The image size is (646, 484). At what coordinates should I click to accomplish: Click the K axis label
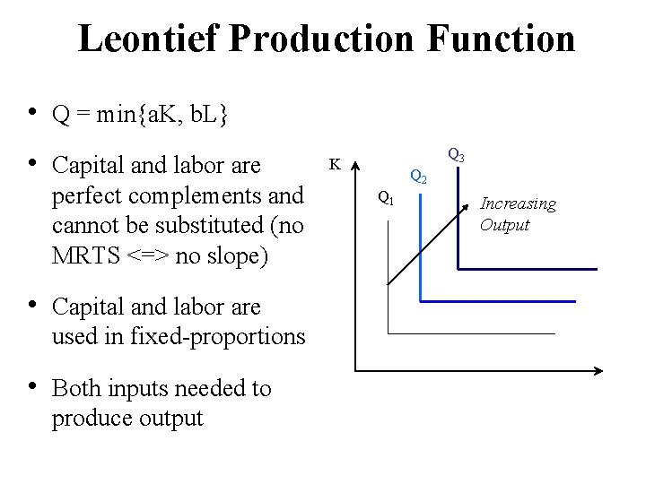pyautogui.click(x=334, y=164)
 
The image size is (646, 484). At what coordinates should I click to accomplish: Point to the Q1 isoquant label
pyautogui.click(x=385, y=197)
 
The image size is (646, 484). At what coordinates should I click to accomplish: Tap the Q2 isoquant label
pyautogui.click(x=418, y=176)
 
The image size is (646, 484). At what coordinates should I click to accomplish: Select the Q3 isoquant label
pyautogui.click(x=456, y=156)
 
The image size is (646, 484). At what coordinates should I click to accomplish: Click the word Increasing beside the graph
pyautogui.click(x=518, y=204)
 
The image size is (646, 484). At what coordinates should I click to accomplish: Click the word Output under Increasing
pyautogui.click(x=504, y=225)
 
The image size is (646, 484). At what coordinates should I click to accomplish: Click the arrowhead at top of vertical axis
pyautogui.click(x=356, y=166)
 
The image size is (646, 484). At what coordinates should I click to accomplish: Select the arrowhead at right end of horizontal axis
pyautogui.click(x=594, y=369)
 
